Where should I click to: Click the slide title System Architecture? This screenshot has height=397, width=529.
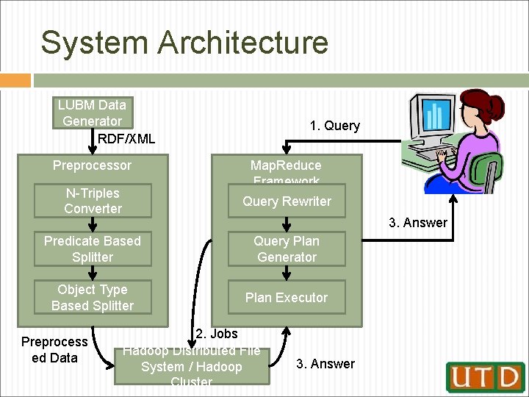click(x=184, y=43)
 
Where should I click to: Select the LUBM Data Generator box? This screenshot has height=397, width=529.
click(x=93, y=112)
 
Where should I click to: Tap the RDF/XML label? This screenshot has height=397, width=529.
click(x=126, y=138)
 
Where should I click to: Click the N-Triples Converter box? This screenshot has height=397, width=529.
click(x=93, y=201)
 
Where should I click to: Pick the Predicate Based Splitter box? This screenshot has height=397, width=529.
click(x=93, y=249)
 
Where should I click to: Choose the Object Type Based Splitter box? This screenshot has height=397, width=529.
click(x=93, y=298)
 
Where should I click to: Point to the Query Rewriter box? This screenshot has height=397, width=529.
click(x=287, y=201)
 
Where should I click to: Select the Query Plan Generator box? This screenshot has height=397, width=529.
click(x=287, y=249)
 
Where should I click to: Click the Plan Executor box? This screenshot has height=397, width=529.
click(x=287, y=298)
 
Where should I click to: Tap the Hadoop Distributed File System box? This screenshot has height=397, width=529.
click(x=192, y=365)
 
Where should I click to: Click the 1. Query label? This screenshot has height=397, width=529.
click(x=335, y=126)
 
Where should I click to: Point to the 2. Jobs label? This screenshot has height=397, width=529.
click(x=217, y=335)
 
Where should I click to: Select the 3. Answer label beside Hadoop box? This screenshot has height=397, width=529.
click(x=325, y=364)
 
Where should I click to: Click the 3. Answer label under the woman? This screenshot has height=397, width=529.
click(x=418, y=223)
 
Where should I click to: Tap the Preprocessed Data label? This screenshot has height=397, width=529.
click(x=54, y=350)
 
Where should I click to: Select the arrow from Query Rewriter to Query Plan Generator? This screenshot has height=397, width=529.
click(x=287, y=224)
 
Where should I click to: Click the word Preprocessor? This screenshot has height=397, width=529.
click(x=92, y=165)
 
